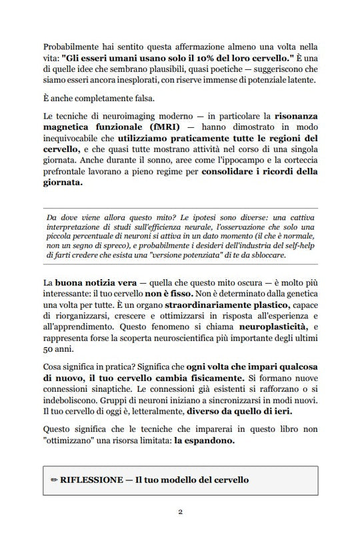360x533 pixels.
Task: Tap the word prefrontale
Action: (65, 177)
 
